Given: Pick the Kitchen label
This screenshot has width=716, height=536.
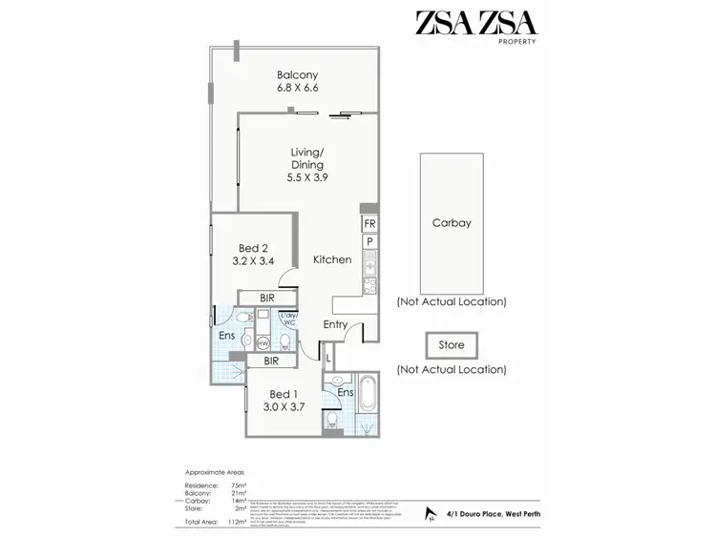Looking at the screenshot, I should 332,259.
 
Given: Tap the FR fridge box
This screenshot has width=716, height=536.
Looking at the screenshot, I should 369,224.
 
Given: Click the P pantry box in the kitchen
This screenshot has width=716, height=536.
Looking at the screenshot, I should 369,242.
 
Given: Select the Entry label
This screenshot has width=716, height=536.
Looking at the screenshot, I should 335,325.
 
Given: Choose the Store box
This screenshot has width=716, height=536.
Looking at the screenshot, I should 451,345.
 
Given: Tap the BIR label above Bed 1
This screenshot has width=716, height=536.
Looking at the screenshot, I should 271,361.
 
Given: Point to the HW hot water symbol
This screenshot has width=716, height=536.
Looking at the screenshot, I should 263,341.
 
